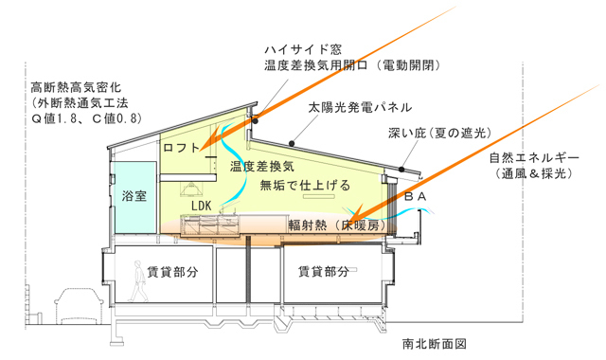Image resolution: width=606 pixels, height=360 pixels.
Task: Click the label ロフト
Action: coord(183,148)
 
